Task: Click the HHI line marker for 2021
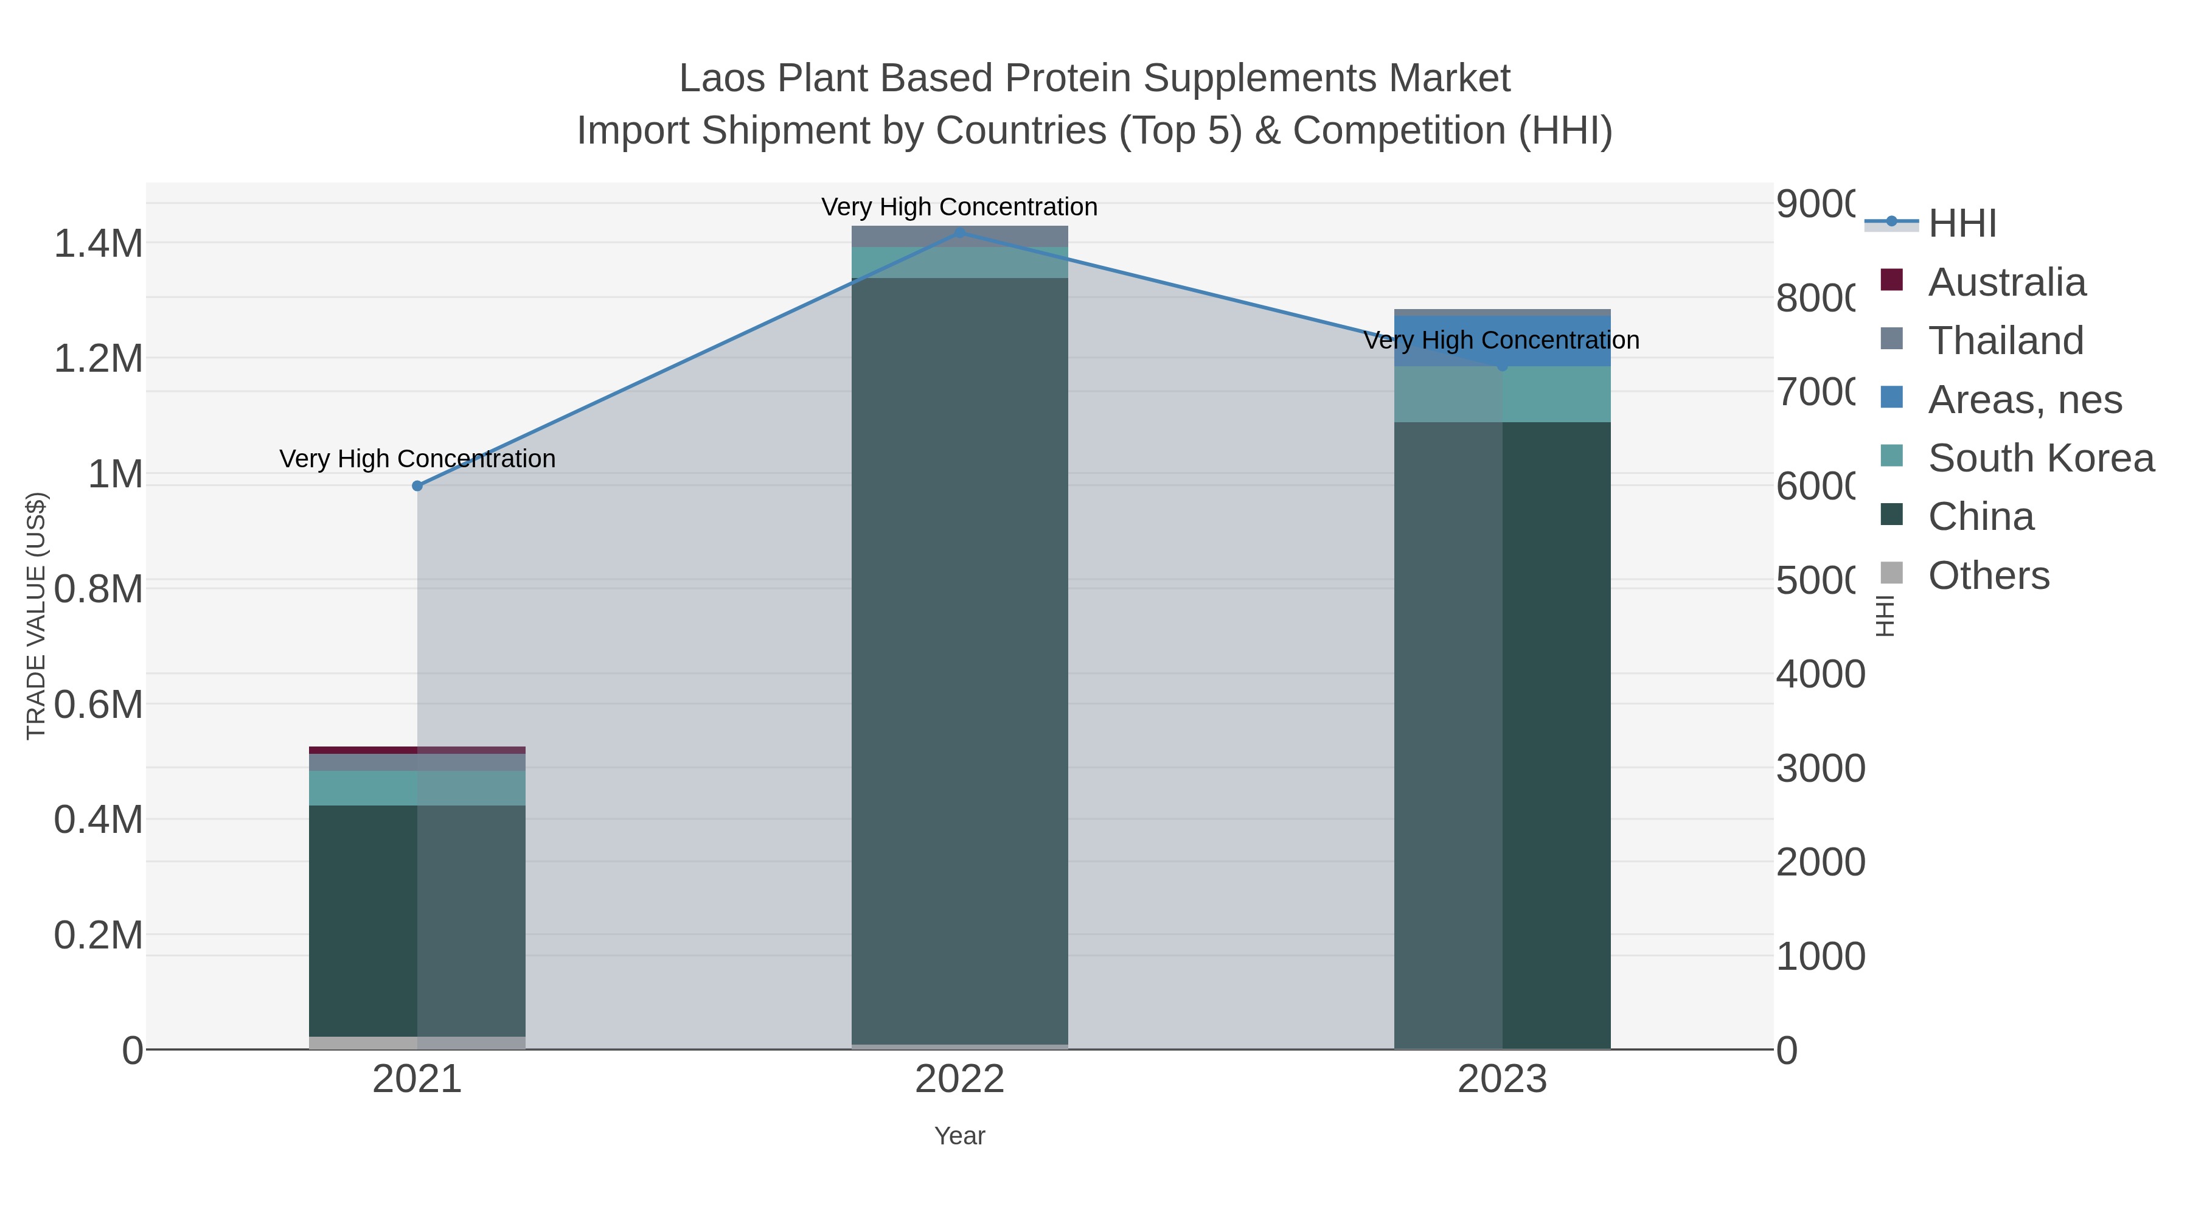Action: coord(417,486)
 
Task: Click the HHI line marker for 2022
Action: coord(960,232)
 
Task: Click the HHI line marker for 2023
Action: coord(1502,366)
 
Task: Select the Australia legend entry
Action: coord(2006,282)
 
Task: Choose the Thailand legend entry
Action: coord(2004,341)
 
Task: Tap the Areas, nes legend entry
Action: coord(2023,400)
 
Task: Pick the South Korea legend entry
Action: coord(2040,458)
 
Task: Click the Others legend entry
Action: coord(1987,576)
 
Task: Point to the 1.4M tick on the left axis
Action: coord(99,244)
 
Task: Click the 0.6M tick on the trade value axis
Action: coord(99,705)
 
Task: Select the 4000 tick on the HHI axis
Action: coord(1820,674)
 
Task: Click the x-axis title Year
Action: coord(960,1136)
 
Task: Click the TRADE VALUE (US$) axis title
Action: coord(36,616)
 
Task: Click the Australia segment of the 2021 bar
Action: coord(417,750)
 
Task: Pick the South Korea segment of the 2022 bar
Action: coord(960,263)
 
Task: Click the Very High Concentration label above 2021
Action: coord(417,459)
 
